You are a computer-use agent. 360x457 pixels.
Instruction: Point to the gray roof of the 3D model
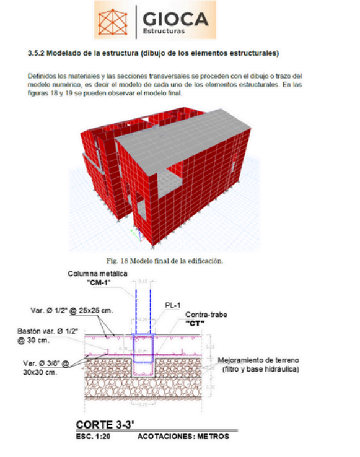click(186, 136)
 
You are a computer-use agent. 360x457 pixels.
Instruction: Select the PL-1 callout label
click(173, 305)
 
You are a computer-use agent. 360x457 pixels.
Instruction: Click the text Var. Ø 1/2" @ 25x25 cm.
click(72, 310)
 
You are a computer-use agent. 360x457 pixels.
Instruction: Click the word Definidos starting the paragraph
click(42, 75)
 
